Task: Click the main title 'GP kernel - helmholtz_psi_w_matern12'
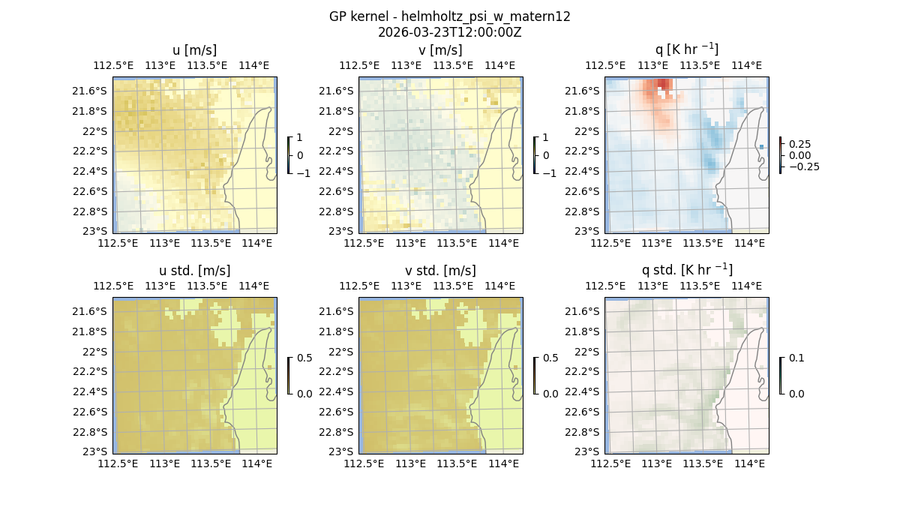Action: pos(449,16)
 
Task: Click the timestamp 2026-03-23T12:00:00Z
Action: pos(449,32)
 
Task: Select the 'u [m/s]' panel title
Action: pos(194,50)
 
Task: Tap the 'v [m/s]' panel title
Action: pos(440,50)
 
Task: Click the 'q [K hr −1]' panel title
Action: pos(686,49)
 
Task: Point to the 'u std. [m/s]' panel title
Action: pos(194,271)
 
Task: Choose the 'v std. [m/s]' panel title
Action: pos(440,271)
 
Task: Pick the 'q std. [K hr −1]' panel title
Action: pos(686,270)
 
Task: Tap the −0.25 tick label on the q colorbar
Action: pos(803,166)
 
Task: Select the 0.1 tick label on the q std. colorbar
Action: pos(795,358)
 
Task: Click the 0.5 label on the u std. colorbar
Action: pos(304,358)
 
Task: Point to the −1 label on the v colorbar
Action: pos(549,172)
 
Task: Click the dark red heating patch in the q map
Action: pos(663,85)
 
